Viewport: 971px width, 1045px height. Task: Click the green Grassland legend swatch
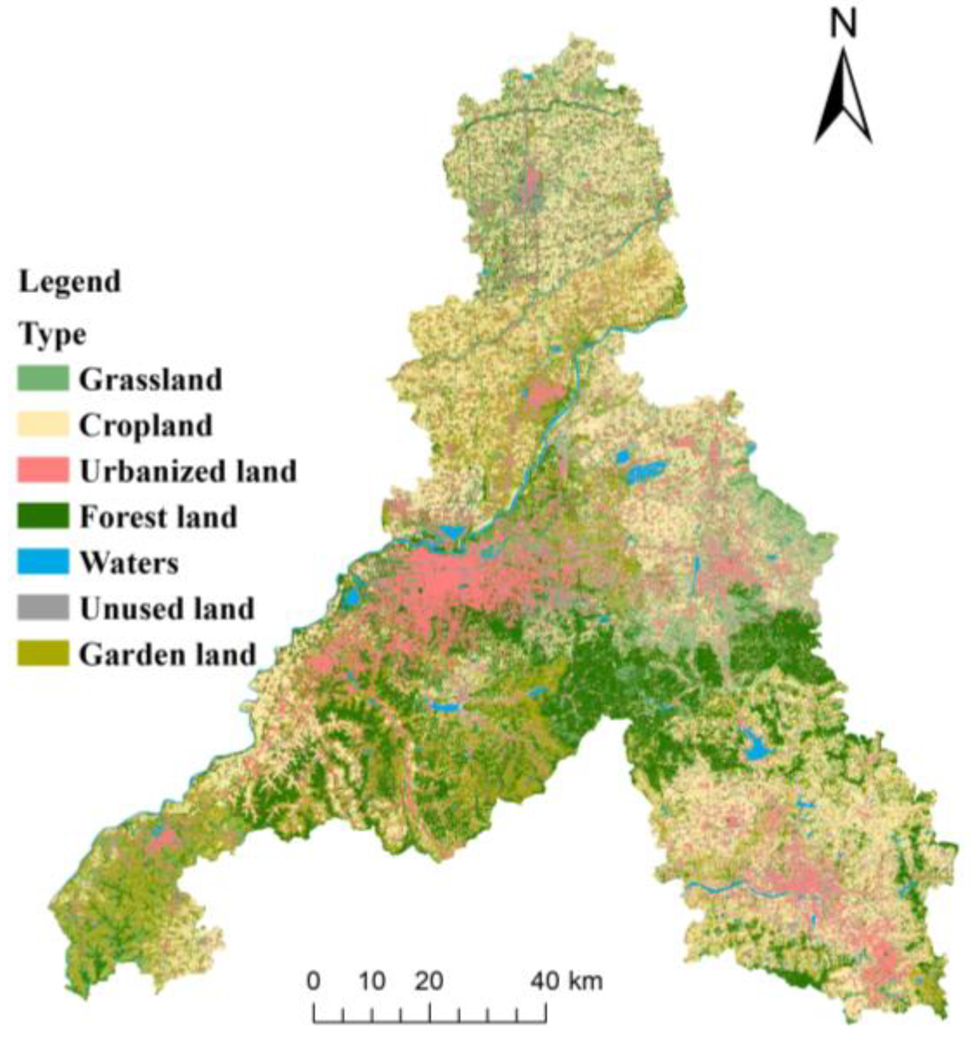[43, 378]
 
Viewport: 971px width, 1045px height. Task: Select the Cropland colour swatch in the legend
[43, 424]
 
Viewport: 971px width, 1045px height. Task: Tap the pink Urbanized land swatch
[43, 469]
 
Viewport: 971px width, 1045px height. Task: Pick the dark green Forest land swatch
[43, 515]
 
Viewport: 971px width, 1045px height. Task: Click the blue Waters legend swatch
[43, 561]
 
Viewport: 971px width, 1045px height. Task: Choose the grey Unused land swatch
[43, 607]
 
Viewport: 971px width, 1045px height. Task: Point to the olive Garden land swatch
[43, 653]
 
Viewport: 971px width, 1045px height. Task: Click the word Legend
[70, 282]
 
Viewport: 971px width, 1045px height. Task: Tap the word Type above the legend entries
[53, 334]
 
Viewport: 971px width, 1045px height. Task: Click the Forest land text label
[158, 516]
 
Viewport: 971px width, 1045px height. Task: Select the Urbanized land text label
[188, 471]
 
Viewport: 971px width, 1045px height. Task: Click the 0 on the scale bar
[313, 980]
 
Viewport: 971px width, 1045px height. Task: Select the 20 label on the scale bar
[429, 980]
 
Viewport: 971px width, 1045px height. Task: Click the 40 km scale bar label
[567, 980]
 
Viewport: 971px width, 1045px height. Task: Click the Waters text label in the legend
[129, 562]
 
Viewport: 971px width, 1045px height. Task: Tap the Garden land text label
[167, 654]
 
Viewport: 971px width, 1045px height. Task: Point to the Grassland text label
[150, 379]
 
